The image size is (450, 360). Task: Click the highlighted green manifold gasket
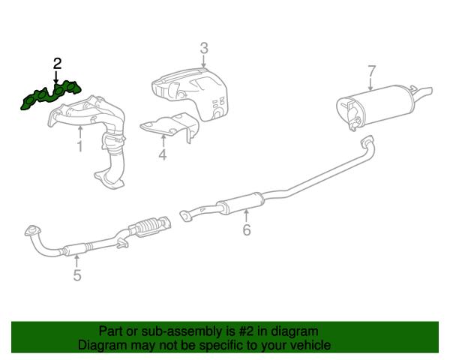[x=51, y=95]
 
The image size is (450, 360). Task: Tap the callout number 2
[x=57, y=64]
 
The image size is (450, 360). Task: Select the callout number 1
[x=79, y=146]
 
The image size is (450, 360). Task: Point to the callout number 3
[x=204, y=48]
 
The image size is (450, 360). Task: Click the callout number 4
[x=163, y=154]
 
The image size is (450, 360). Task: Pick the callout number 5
[x=77, y=275]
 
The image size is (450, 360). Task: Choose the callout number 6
[x=247, y=229]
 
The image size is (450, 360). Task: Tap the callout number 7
[x=371, y=71]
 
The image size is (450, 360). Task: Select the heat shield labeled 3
[x=190, y=93]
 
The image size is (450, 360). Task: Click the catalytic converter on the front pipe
[x=151, y=226]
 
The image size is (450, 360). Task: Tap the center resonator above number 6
[x=241, y=203]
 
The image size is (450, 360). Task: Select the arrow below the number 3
[x=204, y=61]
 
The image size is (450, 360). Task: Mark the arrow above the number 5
[x=76, y=261]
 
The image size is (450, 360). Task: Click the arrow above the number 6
[x=246, y=216]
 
